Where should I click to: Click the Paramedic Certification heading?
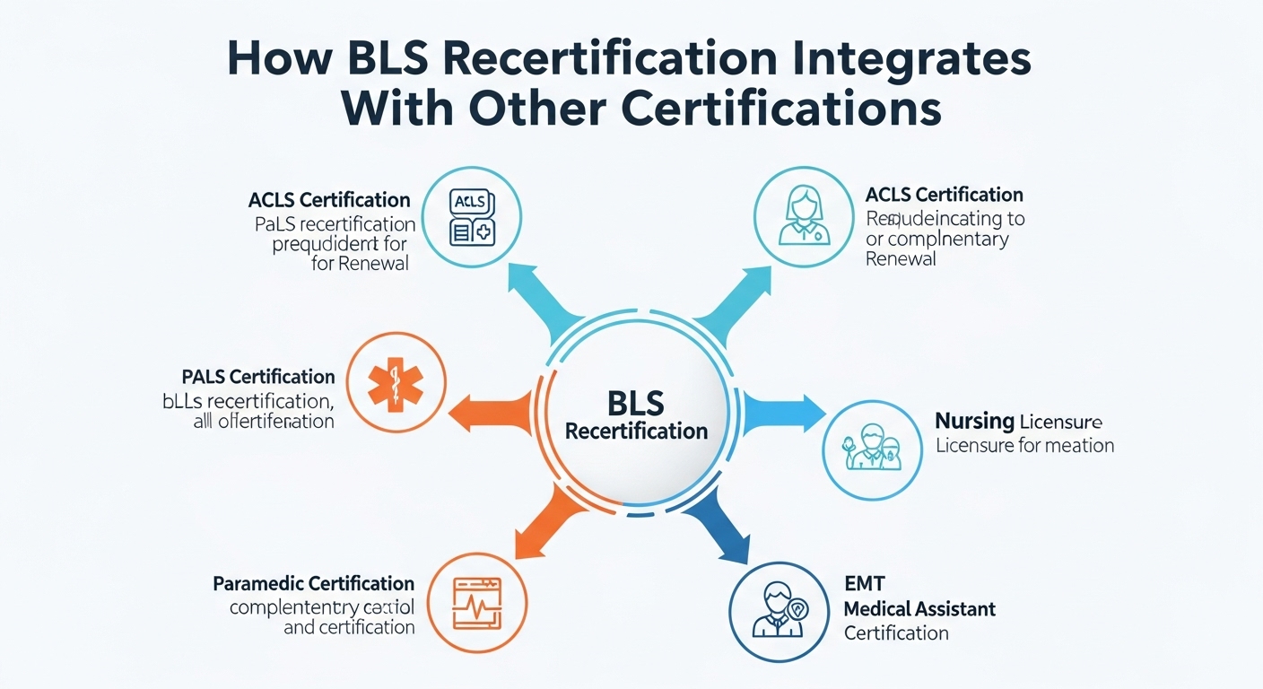click(x=313, y=584)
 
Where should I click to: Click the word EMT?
click(x=864, y=585)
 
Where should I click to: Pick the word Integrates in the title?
click(x=905, y=60)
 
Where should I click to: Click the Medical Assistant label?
click(x=919, y=609)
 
